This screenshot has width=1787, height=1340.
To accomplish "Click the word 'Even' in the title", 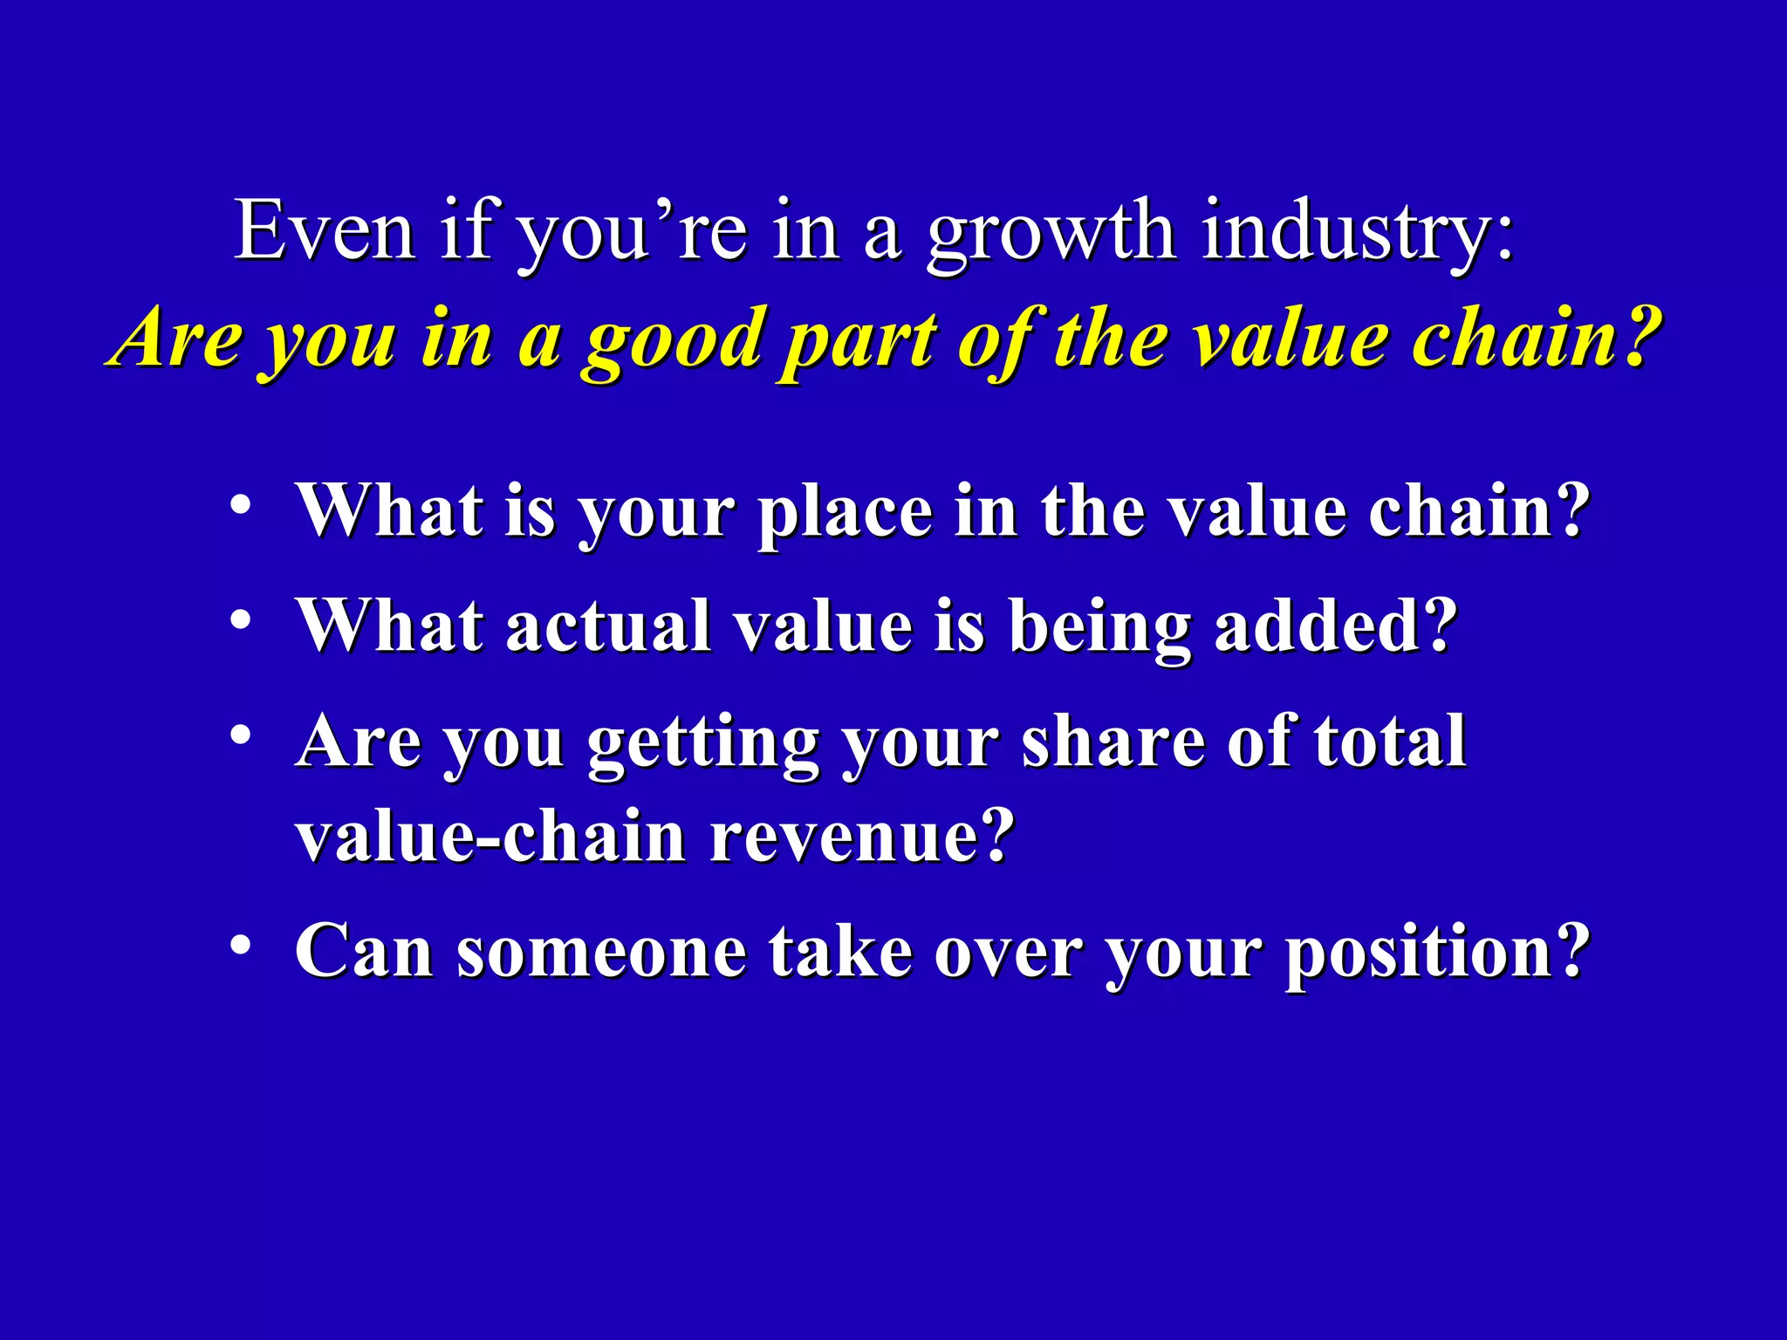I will click(x=325, y=231).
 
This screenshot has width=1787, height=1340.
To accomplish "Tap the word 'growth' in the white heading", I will click(x=1051, y=234).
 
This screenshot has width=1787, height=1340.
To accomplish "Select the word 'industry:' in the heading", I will click(x=1357, y=234).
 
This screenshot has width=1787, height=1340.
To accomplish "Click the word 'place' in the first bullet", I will click(x=846, y=514).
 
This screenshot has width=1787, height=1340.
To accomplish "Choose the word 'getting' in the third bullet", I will click(x=703, y=744).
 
